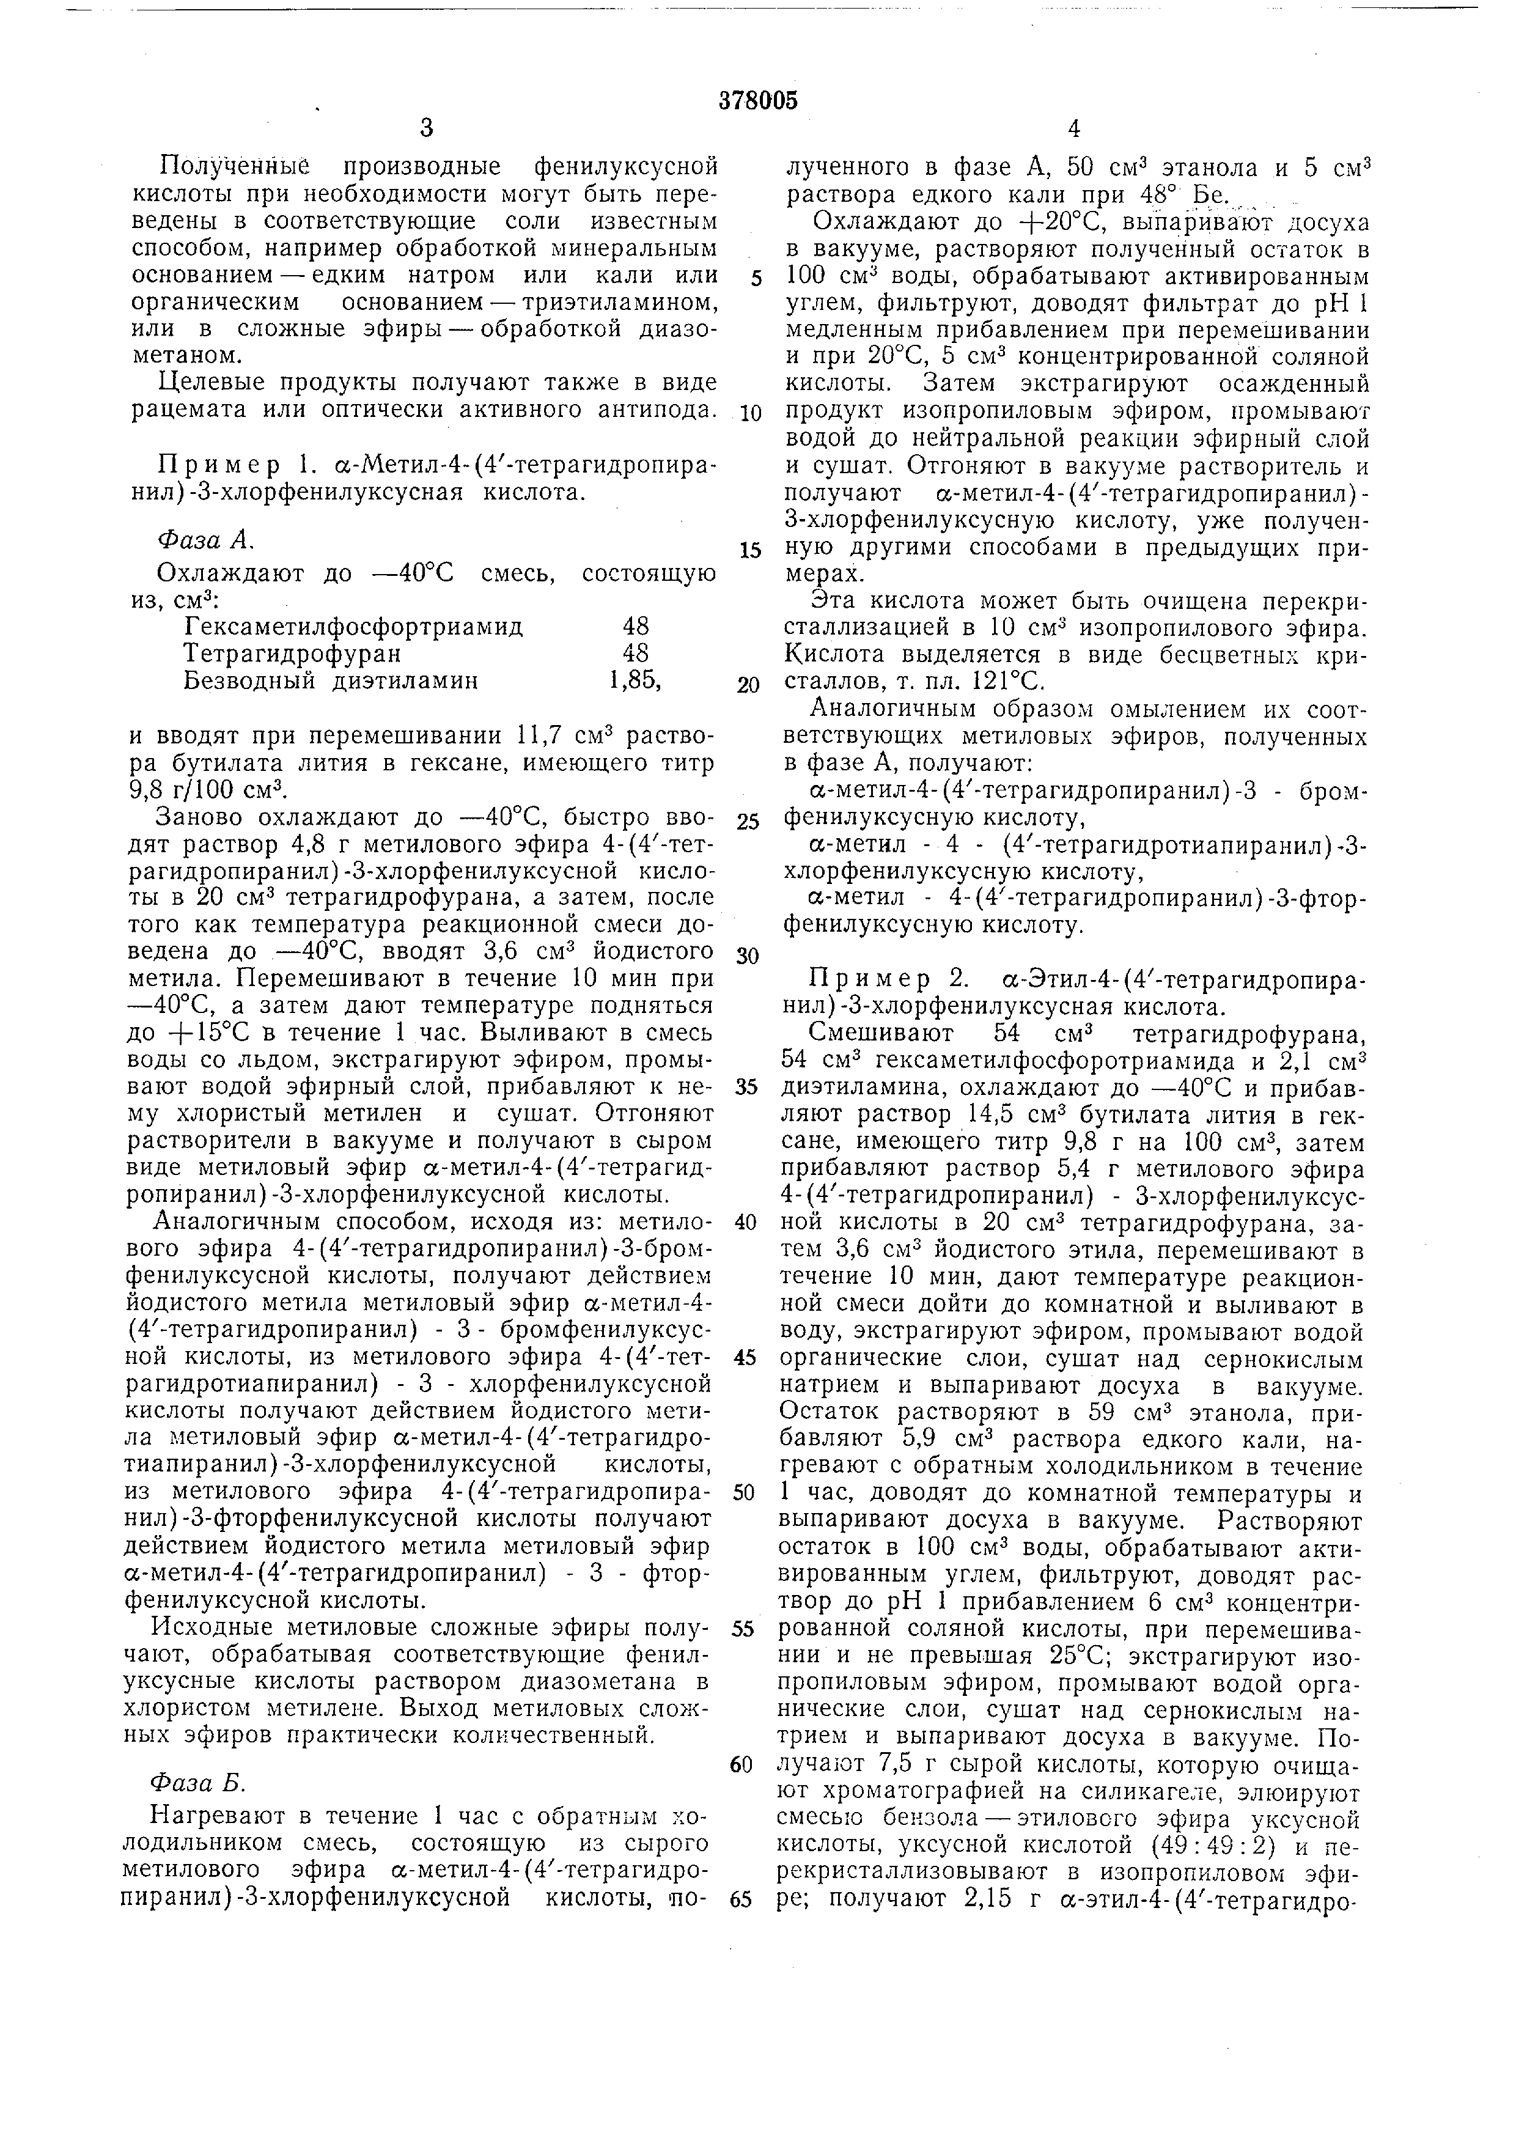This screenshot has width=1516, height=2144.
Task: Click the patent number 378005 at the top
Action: click(758, 101)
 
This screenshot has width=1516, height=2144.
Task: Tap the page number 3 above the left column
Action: click(427, 130)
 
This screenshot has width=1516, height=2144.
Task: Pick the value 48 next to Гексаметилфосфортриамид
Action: click(636, 625)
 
